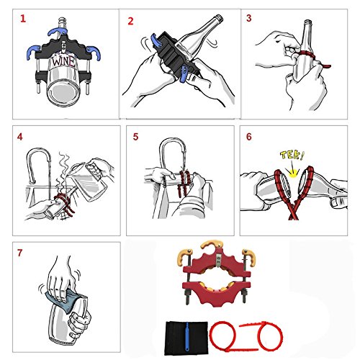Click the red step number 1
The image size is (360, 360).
point(23,19)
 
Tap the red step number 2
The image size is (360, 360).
point(130,21)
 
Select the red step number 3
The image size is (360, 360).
point(249,18)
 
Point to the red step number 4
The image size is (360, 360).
point(20,137)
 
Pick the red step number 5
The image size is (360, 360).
point(135,137)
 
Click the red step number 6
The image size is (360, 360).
point(249,137)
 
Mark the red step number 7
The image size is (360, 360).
point(19,253)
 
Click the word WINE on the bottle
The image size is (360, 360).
point(63,61)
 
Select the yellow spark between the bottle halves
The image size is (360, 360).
point(292,173)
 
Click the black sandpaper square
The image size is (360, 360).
point(186,338)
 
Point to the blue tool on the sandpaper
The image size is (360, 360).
point(186,338)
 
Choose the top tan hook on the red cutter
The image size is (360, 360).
point(212,244)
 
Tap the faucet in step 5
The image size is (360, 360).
point(172,153)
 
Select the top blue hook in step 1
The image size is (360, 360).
point(58,32)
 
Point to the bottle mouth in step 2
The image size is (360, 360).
point(218,17)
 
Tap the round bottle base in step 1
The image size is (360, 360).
point(63,93)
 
